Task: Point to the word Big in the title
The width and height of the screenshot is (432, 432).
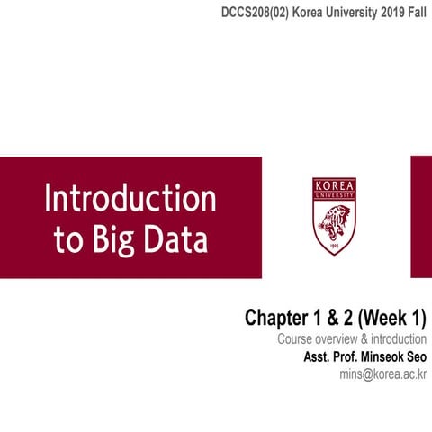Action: click(112, 240)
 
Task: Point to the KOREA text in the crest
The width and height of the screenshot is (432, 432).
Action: click(335, 185)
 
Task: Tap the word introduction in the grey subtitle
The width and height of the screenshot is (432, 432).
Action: click(397, 339)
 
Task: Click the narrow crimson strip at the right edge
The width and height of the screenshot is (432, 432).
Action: click(421, 216)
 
